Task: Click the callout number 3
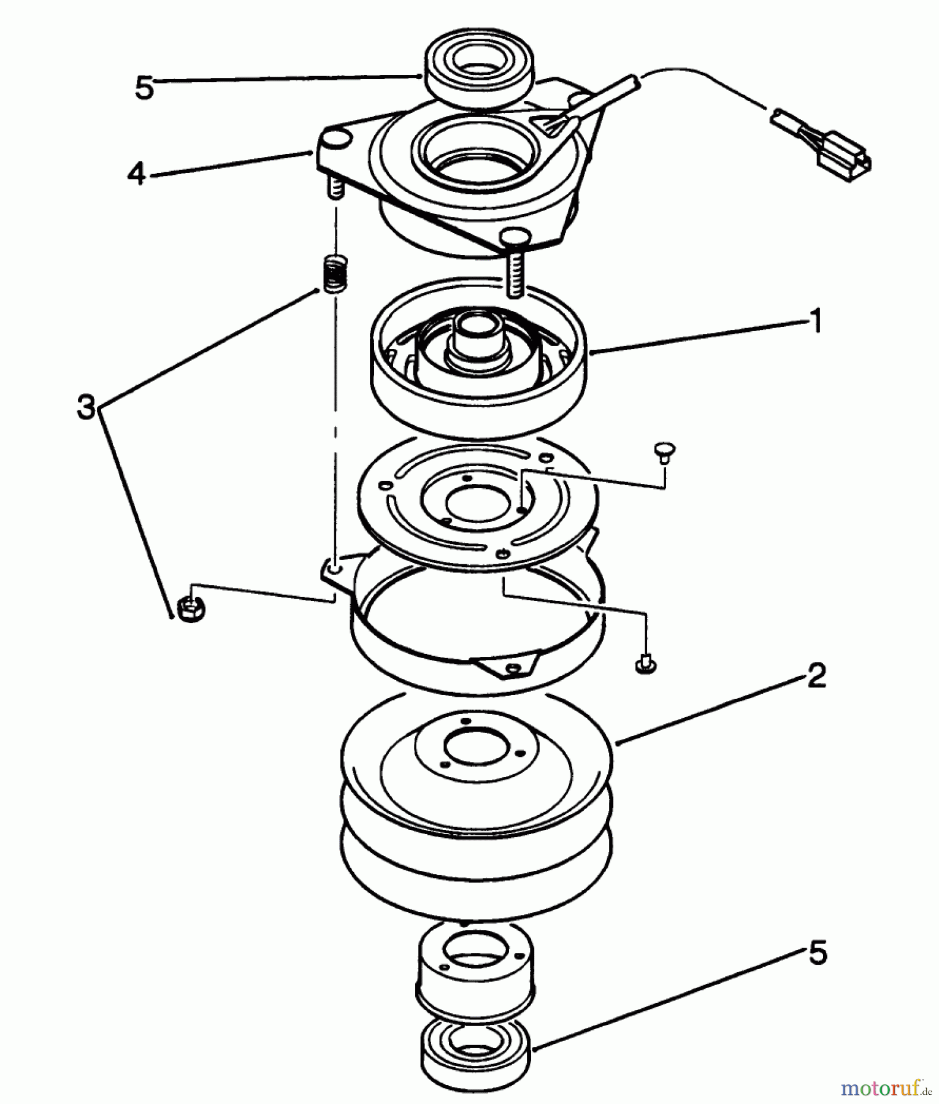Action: click(86, 407)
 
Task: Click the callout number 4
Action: click(136, 174)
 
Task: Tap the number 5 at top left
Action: click(144, 88)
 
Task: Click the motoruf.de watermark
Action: click(885, 1089)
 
